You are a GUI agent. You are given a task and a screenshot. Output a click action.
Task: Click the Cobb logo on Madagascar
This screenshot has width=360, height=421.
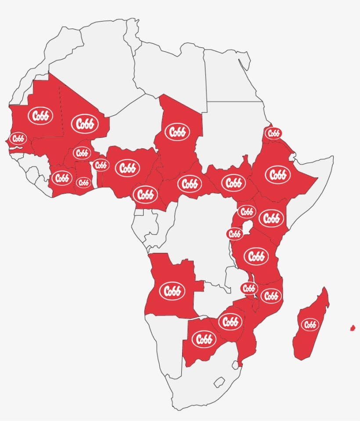click(x=310, y=325)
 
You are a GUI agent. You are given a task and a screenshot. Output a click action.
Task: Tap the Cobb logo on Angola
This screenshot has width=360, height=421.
click(x=172, y=291)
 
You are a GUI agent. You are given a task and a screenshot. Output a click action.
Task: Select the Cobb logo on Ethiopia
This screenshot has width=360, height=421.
click(x=277, y=175)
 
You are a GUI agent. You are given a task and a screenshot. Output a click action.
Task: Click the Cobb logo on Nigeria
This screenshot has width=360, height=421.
click(x=127, y=168)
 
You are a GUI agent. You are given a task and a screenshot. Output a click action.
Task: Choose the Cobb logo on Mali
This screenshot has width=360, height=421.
click(x=85, y=124)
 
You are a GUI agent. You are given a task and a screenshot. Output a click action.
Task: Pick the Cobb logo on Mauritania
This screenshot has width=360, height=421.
click(x=40, y=116)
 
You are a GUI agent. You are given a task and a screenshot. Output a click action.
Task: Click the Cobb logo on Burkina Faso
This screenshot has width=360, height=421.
click(x=82, y=153)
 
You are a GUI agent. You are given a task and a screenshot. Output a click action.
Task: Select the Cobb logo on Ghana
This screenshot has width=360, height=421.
click(x=83, y=183)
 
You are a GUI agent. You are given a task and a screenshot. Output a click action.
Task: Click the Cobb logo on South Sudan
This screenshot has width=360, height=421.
click(x=233, y=183)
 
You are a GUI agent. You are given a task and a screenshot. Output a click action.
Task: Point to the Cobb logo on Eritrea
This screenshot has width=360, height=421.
click(x=273, y=133)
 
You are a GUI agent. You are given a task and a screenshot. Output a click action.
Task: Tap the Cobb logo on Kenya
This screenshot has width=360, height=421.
click(x=271, y=218)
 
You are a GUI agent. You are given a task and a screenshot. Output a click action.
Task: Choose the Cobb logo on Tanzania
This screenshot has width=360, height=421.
click(x=256, y=256)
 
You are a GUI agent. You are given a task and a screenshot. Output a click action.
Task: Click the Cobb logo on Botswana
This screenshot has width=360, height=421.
click(x=204, y=339)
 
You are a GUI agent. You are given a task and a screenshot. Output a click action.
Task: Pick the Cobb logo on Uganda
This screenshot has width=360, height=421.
click(x=247, y=212)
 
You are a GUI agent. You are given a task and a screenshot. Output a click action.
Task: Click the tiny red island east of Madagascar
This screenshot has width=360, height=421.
click(x=353, y=328)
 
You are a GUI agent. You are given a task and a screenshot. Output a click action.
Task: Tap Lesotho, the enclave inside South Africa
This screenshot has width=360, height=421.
click(x=220, y=382)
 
